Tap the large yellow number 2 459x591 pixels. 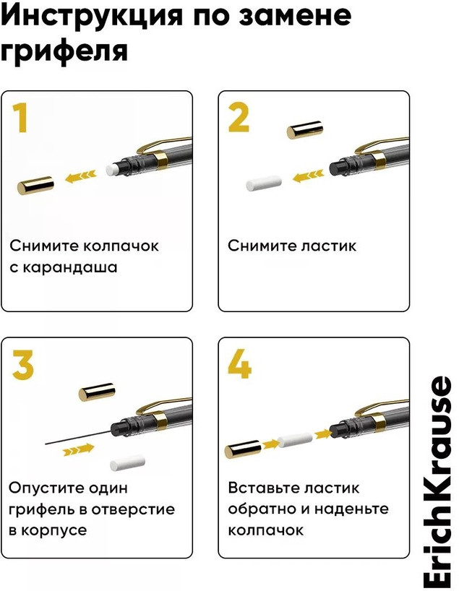click(239, 118)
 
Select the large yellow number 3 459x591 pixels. click(23, 364)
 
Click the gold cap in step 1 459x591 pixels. click(35, 186)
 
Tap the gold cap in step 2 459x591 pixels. click(305, 129)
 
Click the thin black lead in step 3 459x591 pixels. click(78, 438)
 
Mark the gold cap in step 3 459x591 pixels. click(97, 392)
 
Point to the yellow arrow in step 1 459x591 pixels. click(81, 176)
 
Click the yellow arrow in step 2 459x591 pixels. click(308, 176)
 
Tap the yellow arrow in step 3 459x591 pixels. click(79, 449)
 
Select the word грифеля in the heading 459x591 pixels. click(64, 50)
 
